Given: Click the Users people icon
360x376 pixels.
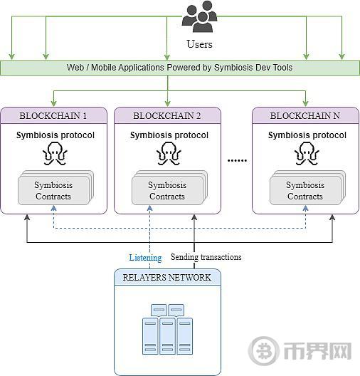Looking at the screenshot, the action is coord(199,16).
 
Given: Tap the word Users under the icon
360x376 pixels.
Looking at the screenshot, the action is coord(199,44).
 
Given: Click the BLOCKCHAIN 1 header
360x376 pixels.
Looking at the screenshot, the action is coord(53,116).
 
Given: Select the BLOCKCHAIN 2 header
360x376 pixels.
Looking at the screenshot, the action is coord(167,116).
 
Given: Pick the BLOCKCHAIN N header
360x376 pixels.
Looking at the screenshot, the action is coord(305,116).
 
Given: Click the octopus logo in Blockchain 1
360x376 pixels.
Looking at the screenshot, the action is coord(55,154).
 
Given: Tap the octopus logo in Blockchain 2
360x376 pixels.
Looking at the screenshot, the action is coord(169,154).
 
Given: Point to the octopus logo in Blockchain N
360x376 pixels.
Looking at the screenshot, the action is coord(307,154).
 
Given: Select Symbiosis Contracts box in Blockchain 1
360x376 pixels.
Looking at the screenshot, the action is coord(55,188).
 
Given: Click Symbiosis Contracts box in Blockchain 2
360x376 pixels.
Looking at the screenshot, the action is coord(169,188).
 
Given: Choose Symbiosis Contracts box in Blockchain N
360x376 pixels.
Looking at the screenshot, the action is coord(307,188).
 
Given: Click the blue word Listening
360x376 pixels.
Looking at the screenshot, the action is coord(145,258).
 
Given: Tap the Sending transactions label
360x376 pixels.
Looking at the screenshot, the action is coord(206,257).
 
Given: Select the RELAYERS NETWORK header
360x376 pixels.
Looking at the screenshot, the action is coord(167,278).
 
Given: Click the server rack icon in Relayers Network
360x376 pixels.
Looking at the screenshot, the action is coord(167,330).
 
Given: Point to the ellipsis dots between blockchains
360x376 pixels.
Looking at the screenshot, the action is coord(237,160).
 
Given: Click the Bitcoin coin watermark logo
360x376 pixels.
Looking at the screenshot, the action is coord(263,351).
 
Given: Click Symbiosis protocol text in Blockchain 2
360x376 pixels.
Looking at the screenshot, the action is coord(169,135).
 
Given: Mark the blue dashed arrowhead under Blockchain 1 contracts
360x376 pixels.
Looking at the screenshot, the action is coord(53,208).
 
